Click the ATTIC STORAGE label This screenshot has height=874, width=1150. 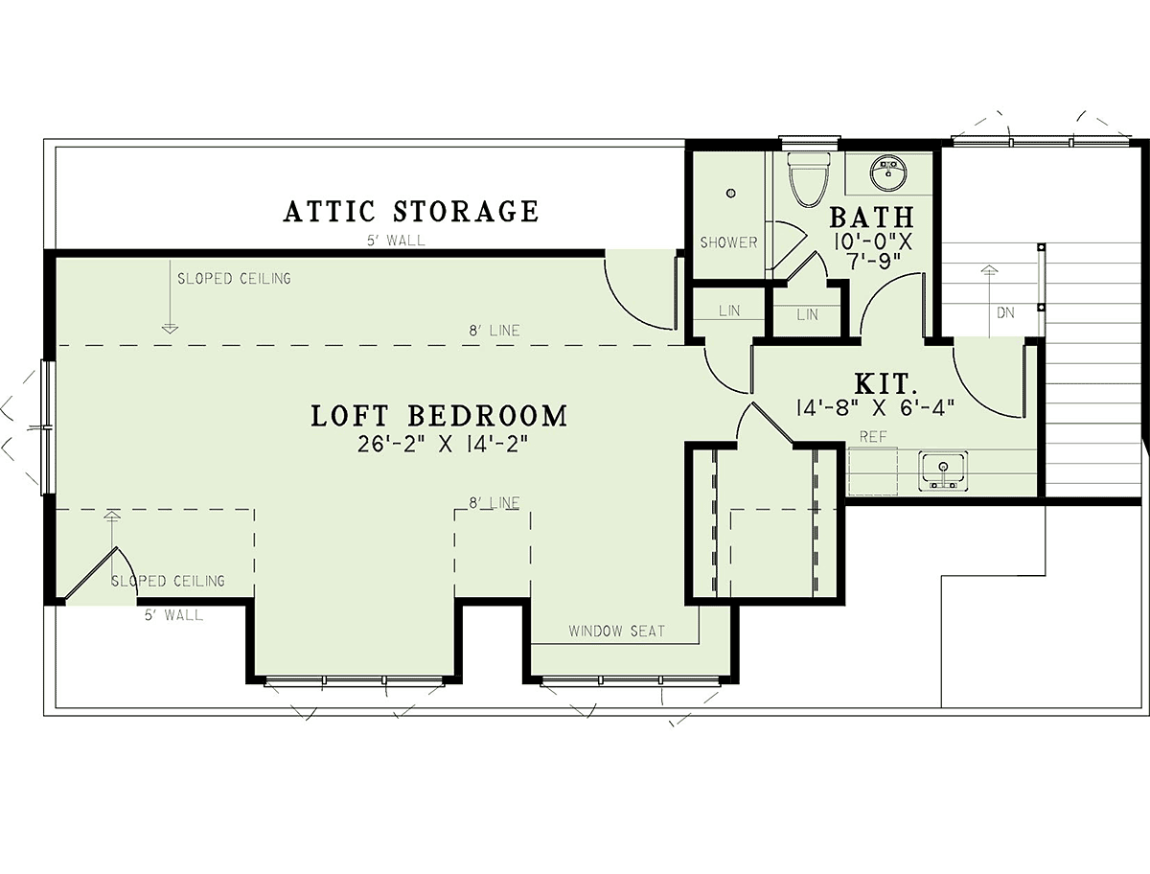tap(411, 211)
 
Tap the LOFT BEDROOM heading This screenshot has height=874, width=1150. tap(439, 416)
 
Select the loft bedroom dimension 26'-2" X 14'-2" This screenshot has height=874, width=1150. tap(442, 445)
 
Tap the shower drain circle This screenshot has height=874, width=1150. tap(731, 194)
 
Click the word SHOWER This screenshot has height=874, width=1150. tap(728, 242)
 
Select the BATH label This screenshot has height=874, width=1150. tap(872, 217)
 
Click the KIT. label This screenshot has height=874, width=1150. tap(885, 384)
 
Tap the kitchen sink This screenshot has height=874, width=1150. tap(943, 471)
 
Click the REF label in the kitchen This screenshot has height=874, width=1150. tap(873, 436)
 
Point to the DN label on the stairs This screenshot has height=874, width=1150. tap(1005, 313)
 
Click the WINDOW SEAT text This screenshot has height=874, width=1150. tap(616, 631)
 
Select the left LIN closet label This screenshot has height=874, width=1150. tap(729, 310)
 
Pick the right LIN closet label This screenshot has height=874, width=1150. tap(807, 314)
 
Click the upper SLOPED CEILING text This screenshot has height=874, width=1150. tap(234, 279)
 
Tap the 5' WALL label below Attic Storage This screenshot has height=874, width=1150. tap(396, 241)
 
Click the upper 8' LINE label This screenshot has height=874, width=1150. tap(494, 331)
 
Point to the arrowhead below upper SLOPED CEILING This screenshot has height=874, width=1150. tap(170, 329)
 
